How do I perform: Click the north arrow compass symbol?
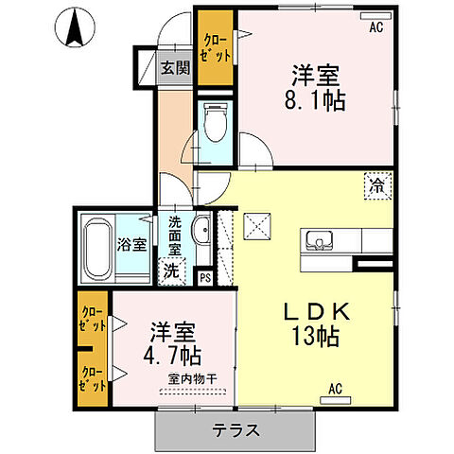(75, 27)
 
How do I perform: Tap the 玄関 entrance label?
(175, 67)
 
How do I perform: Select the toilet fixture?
(216, 122)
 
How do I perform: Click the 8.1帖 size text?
(315, 100)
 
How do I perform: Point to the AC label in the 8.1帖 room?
(376, 27)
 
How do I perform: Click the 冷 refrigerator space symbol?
(377, 186)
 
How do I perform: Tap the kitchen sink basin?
(320, 240)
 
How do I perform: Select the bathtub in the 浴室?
(97, 249)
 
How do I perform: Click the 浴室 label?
(131, 244)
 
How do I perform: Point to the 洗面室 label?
(174, 236)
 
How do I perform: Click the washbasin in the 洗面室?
(202, 231)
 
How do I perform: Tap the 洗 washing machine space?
(171, 271)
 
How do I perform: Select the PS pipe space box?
(205, 278)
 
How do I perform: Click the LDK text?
(317, 311)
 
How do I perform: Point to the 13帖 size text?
(315, 336)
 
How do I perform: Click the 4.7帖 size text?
(172, 356)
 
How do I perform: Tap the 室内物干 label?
(192, 379)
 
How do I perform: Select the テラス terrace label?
(236, 430)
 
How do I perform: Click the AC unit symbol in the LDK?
(336, 400)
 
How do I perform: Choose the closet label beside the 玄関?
(217, 48)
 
